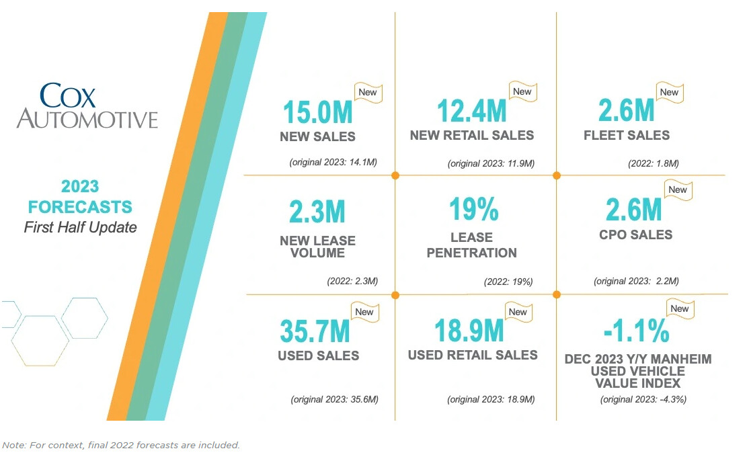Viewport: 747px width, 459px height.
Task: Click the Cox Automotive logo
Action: click(87, 106)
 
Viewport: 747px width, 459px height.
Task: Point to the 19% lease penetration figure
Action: click(474, 209)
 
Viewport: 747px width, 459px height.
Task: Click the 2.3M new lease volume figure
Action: click(317, 212)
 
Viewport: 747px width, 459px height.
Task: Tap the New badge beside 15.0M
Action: click(368, 93)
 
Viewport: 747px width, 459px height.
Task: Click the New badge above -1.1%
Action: click(680, 309)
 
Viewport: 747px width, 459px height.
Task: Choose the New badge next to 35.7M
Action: click(364, 312)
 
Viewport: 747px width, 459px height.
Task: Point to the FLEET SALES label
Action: click(627, 135)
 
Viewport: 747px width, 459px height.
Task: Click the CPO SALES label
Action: click(635, 235)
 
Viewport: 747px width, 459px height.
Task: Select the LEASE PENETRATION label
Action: click(471, 245)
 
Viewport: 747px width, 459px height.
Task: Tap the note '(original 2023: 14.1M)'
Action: click(333, 163)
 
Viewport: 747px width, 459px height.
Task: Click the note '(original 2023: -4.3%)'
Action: click(643, 399)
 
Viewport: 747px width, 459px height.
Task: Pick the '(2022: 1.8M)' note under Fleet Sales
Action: click(653, 163)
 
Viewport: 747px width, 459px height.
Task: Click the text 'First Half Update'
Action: click(80, 227)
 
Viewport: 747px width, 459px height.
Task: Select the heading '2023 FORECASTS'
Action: click(80, 196)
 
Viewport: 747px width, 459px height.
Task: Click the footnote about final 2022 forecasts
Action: click(121, 445)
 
